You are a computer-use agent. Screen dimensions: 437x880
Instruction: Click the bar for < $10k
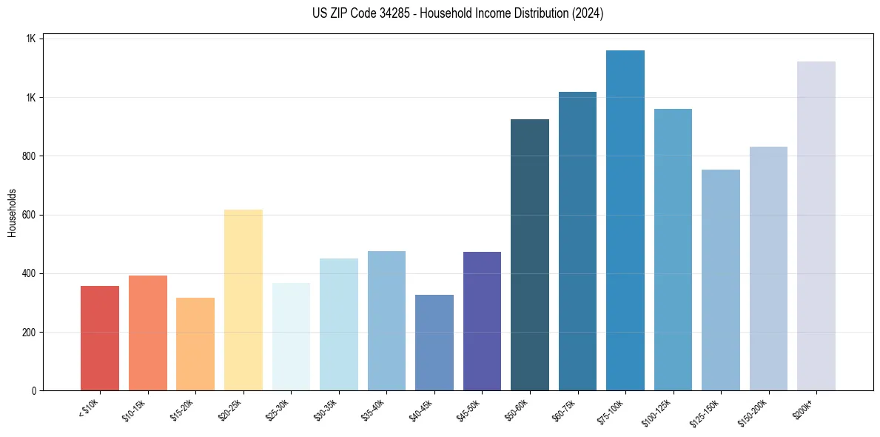click(100, 338)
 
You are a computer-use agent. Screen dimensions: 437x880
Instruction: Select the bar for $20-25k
click(243, 300)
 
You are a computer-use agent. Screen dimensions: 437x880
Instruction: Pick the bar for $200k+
click(816, 226)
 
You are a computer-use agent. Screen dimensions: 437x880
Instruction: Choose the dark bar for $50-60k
click(530, 255)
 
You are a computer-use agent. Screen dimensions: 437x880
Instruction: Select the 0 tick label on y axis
click(35, 391)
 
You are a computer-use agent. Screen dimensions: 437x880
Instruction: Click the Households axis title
click(13, 213)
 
